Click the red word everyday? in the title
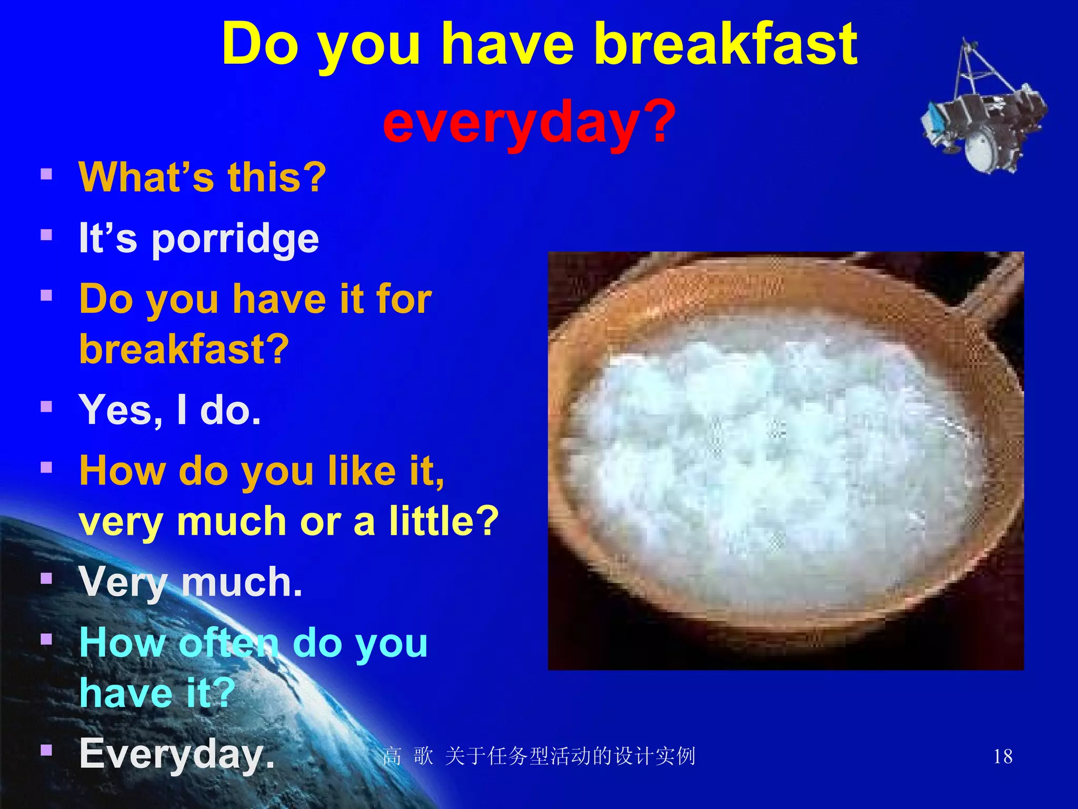(529, 122)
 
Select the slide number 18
(1003, 757)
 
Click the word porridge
(235, 240)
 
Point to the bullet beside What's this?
(46, 174)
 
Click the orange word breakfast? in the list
(184, 349)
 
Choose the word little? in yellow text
(444, 521)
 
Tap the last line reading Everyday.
(177, 754)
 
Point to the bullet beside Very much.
(46, 579)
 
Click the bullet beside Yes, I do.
(46, 407)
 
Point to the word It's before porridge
(107, 238)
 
